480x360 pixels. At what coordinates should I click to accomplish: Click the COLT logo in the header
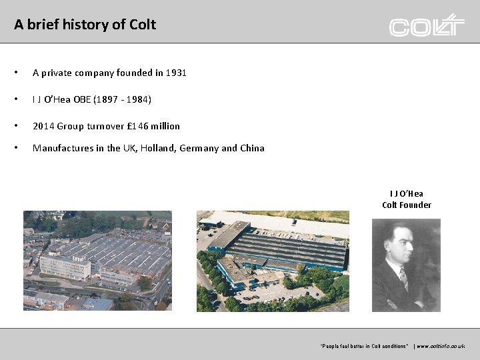427,26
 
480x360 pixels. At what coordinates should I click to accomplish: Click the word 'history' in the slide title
75,25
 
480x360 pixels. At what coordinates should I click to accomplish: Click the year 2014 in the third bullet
43,126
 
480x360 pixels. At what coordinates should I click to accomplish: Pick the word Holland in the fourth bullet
155,148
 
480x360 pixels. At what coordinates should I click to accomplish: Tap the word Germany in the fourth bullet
199,148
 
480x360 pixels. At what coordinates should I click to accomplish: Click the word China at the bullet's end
252,148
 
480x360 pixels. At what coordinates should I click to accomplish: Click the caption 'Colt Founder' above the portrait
406,205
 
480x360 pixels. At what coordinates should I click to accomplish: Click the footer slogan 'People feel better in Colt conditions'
365,346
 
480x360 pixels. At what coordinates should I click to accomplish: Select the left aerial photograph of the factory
97,261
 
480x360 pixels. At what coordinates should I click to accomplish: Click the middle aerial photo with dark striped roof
273,261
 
